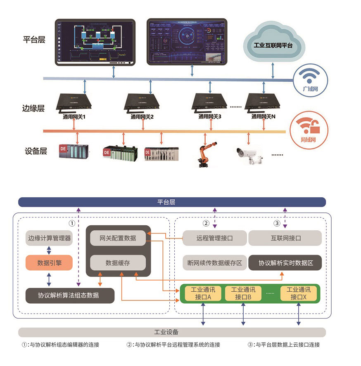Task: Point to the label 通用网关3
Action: click(210, 117)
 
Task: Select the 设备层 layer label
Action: click(36, 151)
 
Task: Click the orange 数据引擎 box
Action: click(49, 262)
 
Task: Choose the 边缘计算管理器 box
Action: click(49, 238)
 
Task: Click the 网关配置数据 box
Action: click(118, 238)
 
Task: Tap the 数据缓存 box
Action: click(118, 262)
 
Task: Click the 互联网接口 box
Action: click(285, 238)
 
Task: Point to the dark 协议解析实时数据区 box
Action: click(285, 262)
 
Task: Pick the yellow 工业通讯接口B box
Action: click(243, 293)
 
